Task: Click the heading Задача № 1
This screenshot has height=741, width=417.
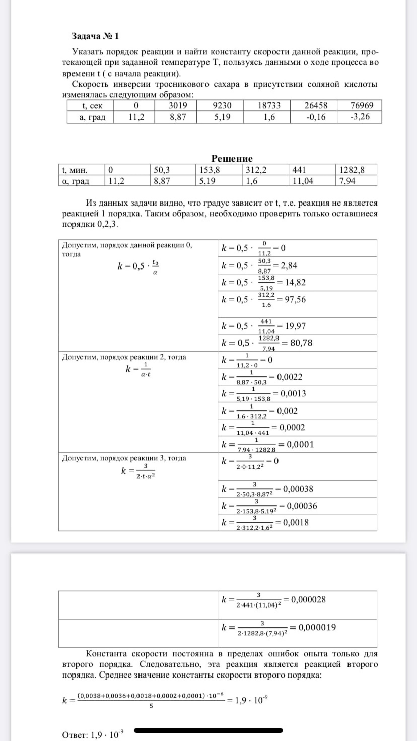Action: [95, 36]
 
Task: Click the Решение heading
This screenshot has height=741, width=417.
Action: [232, 159]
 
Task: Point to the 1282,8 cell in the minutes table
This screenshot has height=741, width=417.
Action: [352, 170]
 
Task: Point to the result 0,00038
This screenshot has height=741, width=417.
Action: [298, 488]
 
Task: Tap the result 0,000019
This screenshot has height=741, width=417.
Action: [317, 627]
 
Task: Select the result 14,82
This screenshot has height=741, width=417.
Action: [295, 282]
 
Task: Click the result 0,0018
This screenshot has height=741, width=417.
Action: [296, 522]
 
